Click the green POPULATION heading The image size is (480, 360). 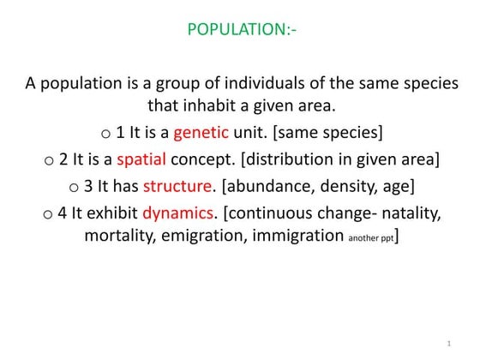point(242,31)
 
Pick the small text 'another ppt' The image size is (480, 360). point(371,239)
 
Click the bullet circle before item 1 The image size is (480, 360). point(105,135)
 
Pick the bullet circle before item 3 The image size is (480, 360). point(74,186)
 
